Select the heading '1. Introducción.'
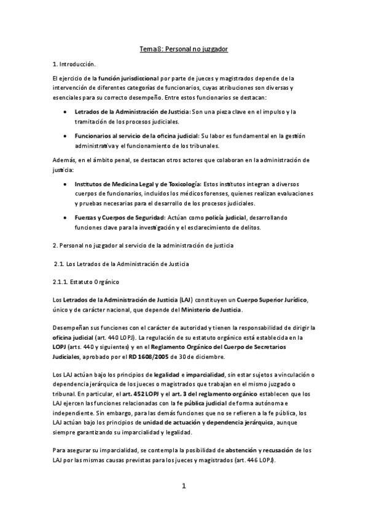pyautogui.click(x=74, y=64)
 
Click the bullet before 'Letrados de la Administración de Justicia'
pyautogui.click(x=65, y=112)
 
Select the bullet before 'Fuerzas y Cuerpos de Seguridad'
pyautogui.click(x=65, y=218)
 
